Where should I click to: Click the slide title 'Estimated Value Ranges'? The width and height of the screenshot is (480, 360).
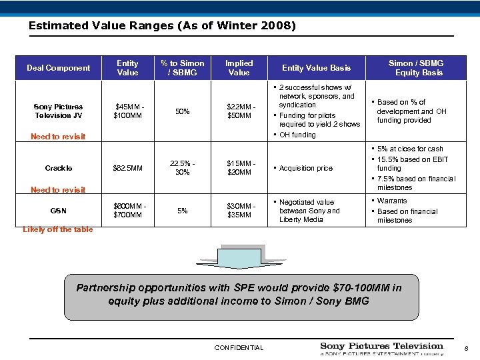pos(162,26)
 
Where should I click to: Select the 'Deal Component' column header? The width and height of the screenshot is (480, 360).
pos(58,68)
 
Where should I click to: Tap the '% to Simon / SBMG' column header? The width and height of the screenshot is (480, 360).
pos(183,68)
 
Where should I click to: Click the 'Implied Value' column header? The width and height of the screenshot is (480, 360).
pos(239,68)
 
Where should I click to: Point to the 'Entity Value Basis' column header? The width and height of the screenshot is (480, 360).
pos(316,68)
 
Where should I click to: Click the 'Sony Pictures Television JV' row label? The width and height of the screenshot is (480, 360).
pos(58,111)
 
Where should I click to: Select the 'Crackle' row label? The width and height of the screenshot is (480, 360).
pos(59,169)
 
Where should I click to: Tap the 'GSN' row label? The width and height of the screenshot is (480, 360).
pos(59,211)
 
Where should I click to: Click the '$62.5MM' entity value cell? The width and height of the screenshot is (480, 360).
pos(128,169)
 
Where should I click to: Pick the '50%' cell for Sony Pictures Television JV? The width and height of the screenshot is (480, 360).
pos(183,111)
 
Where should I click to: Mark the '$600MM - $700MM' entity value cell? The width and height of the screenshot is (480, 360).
pos(128,211)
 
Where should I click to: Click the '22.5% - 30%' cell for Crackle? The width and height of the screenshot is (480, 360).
pos(183,168)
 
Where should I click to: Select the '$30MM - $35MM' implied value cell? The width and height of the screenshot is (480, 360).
pos(239,211)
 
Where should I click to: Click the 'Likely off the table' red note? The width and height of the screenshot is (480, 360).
pos(58,230)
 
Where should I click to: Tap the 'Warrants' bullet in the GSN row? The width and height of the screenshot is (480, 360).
pos(391,201)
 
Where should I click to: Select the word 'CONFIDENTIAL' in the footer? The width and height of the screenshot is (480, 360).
pos(239,347)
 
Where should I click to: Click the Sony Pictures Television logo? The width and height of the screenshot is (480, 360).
pos(381,348)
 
